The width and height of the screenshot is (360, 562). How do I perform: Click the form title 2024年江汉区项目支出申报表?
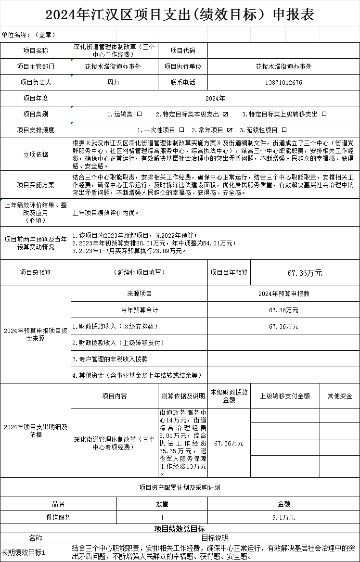point(180,15)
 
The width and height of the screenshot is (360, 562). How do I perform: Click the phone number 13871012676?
point(283,82)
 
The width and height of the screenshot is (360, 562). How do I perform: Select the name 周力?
point(113,82)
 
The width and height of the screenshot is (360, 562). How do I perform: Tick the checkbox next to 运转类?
point(140,114)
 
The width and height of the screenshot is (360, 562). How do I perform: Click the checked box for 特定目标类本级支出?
point(225,114)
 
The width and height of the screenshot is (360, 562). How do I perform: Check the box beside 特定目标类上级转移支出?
point(324,114)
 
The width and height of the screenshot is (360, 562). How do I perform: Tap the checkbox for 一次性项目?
point(181,130)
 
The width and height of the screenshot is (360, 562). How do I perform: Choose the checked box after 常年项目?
point(230,130)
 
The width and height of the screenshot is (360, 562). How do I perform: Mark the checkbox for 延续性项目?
point(284,130)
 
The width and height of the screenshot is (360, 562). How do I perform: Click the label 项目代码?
point(183,51)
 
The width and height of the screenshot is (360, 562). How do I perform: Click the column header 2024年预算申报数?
point(283,294)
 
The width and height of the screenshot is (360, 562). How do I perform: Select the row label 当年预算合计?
point(139,310)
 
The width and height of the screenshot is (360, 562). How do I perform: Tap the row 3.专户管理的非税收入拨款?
point(110,359)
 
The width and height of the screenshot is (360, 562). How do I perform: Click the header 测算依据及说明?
point(183,396)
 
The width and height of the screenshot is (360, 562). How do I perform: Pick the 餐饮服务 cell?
point(58,517)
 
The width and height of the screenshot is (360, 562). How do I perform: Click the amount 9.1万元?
point(283,517)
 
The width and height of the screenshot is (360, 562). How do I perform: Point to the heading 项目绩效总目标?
point(180,529)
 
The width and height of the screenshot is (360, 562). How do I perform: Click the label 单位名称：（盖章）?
point(29,35)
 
